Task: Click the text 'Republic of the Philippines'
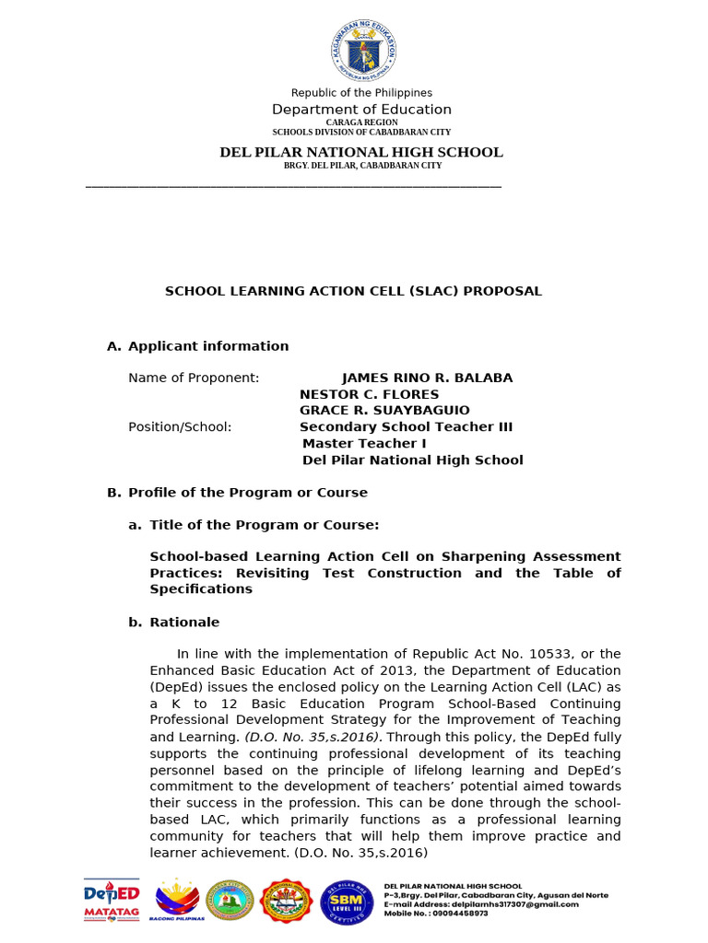point(361,93)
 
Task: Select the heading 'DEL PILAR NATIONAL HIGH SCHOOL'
point(361,152)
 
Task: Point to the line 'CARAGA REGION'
point(361,122)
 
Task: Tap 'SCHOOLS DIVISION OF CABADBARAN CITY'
point(361,133)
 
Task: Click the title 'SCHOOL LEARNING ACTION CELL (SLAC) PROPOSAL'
point(353,291)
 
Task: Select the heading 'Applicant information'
point(208,346)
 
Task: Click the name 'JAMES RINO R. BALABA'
point(427,378)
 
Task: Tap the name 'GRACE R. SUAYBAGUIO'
point(384,410)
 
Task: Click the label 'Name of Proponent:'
point(194,378)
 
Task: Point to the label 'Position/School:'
point(180,427)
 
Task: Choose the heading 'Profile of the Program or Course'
point(247,493)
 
